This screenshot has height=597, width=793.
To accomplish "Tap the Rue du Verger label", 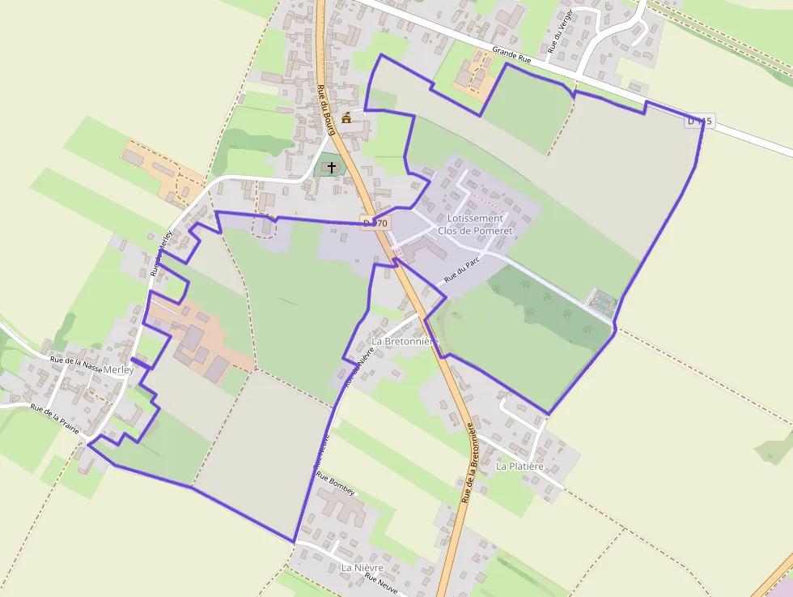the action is pos(561,31).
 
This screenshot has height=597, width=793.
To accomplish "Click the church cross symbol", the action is pos(332,167).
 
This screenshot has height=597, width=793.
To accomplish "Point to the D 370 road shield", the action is pos(375,223).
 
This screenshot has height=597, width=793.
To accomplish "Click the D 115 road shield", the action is pos(699,122).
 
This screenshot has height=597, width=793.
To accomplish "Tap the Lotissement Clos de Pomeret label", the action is pos(475,224).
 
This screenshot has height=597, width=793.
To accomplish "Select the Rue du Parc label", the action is pos(463,271).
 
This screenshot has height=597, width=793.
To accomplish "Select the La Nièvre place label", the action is pos(362,568).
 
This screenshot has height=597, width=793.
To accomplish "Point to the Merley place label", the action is pos(119,369).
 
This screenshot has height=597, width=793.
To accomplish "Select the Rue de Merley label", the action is pos(163,254).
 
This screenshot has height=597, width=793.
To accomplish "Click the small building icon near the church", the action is pos(347,118).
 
